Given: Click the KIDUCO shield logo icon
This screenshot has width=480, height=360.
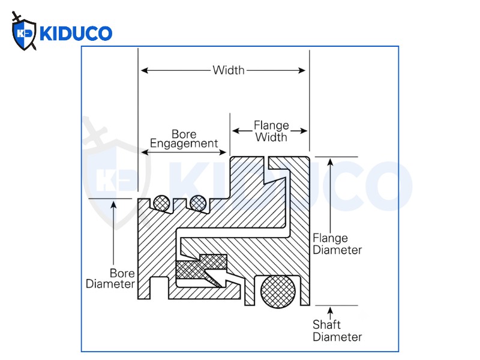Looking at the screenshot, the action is tap(24, 32).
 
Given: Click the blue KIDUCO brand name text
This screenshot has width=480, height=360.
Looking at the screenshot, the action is tap(76, 34).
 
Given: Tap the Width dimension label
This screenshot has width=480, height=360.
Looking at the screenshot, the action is tap(229, 70).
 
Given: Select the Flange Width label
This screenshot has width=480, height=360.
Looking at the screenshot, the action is tap(271, 131).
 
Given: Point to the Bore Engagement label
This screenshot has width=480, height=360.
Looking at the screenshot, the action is tap(184, 139).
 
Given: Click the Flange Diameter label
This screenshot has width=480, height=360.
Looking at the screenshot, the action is tap(337, 244).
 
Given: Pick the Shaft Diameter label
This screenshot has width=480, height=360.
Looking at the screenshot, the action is tap(337, 331).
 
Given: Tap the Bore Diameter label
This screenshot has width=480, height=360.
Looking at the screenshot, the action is tap(110, 278).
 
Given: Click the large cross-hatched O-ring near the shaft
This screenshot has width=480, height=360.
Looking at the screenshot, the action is tap(278, 291).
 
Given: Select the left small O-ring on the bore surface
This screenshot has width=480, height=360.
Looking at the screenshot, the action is tap(161, 203).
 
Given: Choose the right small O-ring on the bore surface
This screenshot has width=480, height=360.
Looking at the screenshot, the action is tap(198, 203).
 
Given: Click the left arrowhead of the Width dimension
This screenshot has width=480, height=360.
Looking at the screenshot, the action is tap(145, 70).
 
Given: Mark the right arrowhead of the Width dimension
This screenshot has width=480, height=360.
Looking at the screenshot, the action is tap(302, 70).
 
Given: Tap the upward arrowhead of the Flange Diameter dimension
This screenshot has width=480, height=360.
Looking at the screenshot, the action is tap(330, 162).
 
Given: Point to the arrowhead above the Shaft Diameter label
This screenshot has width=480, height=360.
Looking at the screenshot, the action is tap(330, 311).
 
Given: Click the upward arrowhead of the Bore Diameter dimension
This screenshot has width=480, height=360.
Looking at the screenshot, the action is tap(113, 205).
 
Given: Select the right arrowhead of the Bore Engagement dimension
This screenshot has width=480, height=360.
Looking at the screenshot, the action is tap(223, 152).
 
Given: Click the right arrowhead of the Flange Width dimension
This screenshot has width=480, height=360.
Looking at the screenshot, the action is tap(304, 131).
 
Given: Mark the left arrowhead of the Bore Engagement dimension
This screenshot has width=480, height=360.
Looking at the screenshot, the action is tap(145, 152).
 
